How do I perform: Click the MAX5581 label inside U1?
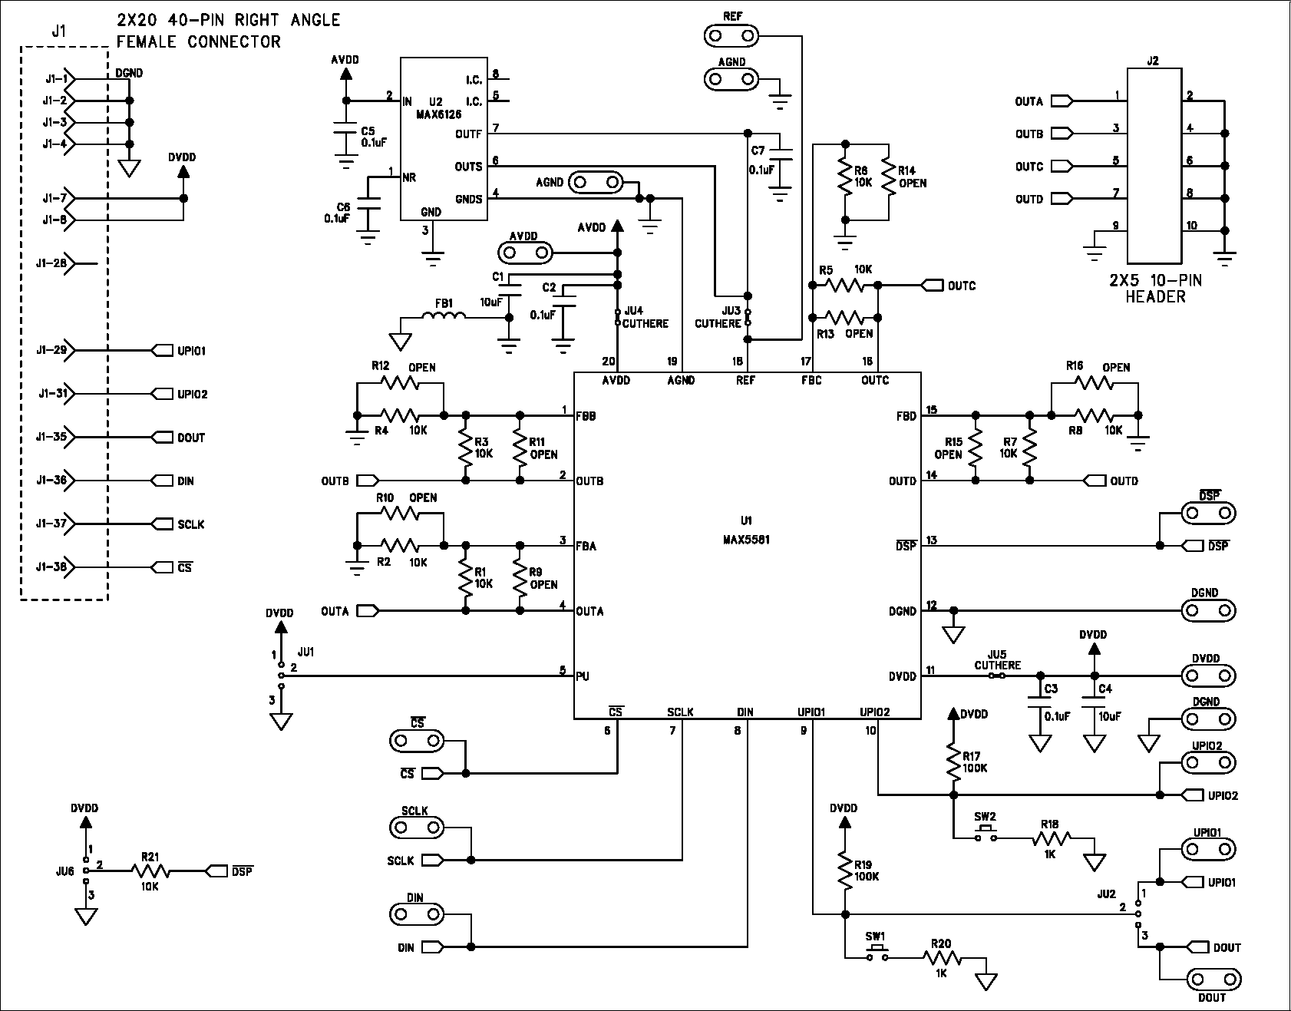pyautogui.click(x=746, y=540)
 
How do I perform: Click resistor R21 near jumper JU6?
pyautogui.click(x=150, y=871)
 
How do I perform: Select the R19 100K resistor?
pyautogui.click(x=845, y=871)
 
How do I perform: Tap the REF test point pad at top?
pyautogui.click(x=731, y=35)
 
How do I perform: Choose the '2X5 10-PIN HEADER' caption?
pyautogui.click(x=1154, y=289)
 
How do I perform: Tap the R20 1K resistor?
pyautogui.click(x=942, y=957)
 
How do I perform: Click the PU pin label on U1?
pyautogui.click(x=583, y=676)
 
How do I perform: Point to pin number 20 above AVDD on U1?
pyautogui.click(x=609, y=361)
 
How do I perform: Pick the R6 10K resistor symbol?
pyautogui.click(x=845, y=180)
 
